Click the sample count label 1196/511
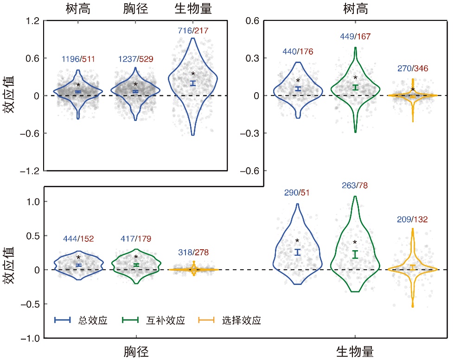78,59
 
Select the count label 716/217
193,31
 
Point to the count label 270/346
413,69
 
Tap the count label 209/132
412,219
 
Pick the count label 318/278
193,253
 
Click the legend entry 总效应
81,320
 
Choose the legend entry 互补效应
153,320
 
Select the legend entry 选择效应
230,320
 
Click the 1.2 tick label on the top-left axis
32,21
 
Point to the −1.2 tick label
30,171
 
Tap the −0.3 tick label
249,133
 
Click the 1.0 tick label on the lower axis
33,202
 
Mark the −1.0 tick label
30,338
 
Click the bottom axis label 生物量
355,352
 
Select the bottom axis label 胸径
136,352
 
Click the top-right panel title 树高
356,9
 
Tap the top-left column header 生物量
193,9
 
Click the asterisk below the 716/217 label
193,74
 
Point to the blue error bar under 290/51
298,252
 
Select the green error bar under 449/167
355,87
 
